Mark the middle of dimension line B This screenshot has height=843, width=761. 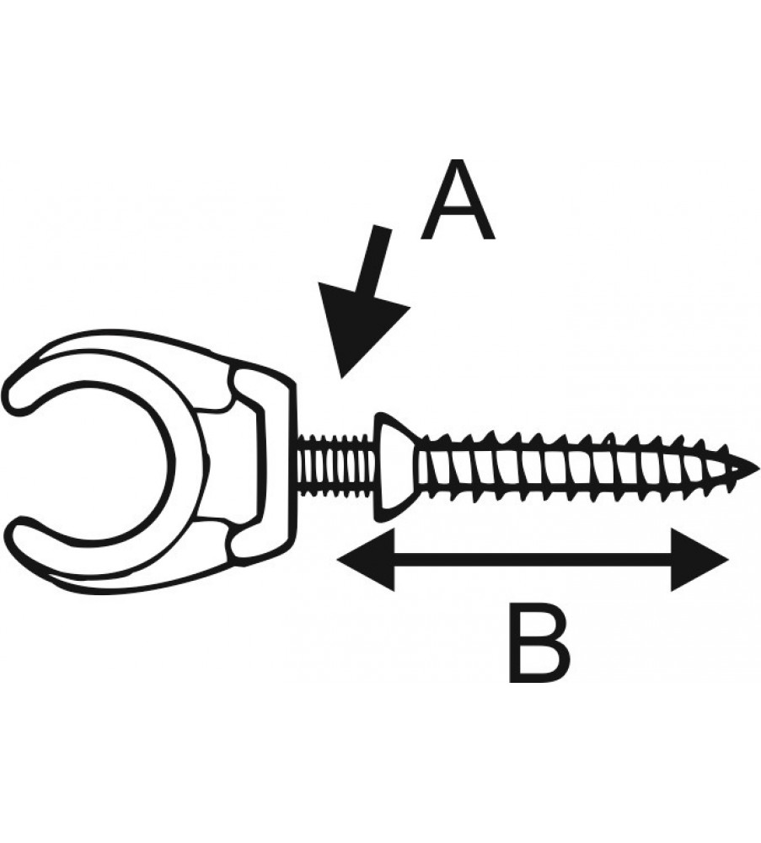tap(531, 557)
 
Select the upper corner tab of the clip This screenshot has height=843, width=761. tap(253, 384)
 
